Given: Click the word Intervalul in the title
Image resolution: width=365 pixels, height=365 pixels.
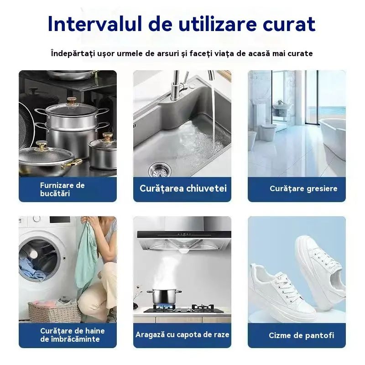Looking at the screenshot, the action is pyautogui.click(x=95, y=24).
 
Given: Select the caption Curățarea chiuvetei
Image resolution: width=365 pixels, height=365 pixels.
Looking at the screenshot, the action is pyautogui.click(x=183, y=188).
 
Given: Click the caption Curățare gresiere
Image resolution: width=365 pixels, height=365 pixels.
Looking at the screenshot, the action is pyautogui.click(x=303, y=188).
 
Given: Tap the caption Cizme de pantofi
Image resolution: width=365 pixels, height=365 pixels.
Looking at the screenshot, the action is pyautogui.click(x=302, y=335).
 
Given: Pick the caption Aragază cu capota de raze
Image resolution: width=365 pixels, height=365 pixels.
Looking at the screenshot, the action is pyautogui.click(x=182, y=334).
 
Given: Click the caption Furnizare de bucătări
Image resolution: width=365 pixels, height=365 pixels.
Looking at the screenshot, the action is pyautogui.click(x=62, y=189).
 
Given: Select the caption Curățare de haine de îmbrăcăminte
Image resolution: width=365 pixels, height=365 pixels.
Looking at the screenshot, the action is pyautogui.click(x=73, y=335).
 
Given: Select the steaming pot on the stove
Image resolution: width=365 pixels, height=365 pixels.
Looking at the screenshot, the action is pyautogui.click(x=164, y=297).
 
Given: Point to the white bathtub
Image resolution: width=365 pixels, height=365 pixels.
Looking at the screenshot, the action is pyautogui.click(x=333, y=140).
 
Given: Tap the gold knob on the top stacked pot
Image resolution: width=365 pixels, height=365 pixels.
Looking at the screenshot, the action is pyautogui.click(x=72, y=101).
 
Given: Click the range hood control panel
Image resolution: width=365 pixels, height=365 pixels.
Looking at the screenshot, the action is pyautogui.click(x=184, y=234).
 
